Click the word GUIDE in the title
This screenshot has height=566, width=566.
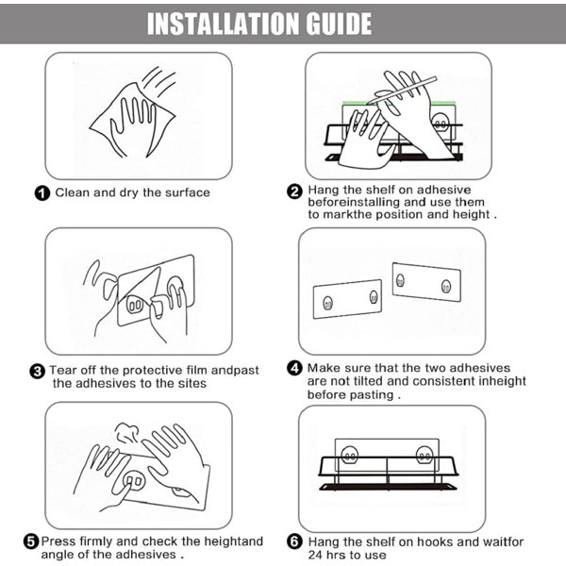339,24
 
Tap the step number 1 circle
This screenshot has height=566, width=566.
42,193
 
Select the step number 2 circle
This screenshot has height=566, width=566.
294,191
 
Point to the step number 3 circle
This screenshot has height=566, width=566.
37,372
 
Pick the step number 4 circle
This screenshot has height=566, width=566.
294,368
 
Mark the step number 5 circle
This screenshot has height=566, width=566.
31,541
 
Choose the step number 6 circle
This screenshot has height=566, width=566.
294,541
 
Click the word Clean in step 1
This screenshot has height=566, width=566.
73,192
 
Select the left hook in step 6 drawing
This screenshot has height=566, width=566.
350,456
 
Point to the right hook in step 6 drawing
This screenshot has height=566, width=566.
424,456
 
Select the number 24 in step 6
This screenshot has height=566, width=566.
315,555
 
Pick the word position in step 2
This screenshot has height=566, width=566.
400,215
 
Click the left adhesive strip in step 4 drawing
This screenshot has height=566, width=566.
347,299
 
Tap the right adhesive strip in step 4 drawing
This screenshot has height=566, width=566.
426,282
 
